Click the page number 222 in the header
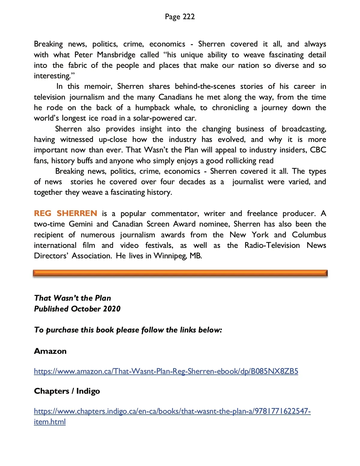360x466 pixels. [188, 17]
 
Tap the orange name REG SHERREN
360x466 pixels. [65, 213]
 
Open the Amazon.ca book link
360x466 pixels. [166, 371]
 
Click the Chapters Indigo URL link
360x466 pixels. [172, 411]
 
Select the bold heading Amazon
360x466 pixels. [50, 351]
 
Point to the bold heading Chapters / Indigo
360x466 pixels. [67, 391]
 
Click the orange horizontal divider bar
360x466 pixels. [180, 273]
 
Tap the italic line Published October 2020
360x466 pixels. [77, 309]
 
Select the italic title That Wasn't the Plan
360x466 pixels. [72, 298]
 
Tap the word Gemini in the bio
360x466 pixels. [80, 224]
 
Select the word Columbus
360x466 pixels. [309, 235]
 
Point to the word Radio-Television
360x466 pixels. [272, 245]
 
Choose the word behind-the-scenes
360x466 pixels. [205, 86]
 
